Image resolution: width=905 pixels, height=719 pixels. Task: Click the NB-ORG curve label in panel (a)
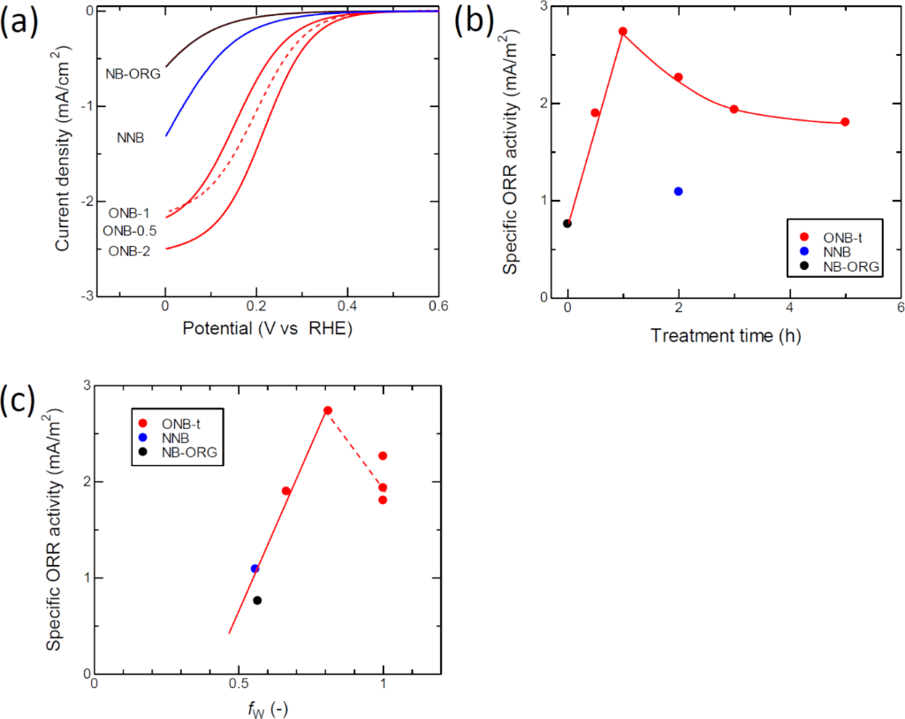(x=133, y=74)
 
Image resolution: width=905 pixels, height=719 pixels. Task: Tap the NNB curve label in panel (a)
(x=131, y=138)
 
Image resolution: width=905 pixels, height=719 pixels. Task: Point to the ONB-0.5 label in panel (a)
(x=130, y=231)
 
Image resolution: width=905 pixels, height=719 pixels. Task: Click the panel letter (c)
(x=19, y=401)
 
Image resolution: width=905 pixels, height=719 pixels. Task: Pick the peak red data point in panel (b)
(x=623, y=31)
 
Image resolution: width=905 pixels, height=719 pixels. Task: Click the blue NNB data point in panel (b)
(x=679, y=191)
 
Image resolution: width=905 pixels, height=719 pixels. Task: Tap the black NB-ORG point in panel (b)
(x=567, y=223)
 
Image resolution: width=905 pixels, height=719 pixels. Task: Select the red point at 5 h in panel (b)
(x=845, y=122)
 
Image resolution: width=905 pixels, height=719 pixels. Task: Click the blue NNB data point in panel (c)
(x=255, y=569)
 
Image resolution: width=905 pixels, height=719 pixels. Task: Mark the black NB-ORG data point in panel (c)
(x=257, y=600)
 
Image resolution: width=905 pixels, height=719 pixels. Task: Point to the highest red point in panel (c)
(x=328, y=410)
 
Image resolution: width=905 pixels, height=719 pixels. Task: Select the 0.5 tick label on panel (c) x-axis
(x=239, y=685)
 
